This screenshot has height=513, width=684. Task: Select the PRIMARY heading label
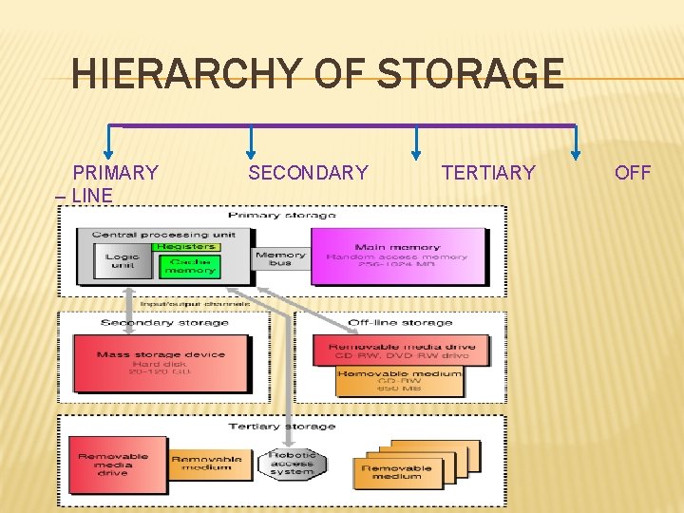pyautogui.click(x=115, y=173)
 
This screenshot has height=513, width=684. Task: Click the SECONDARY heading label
pyautogui.click(x=308, y=173)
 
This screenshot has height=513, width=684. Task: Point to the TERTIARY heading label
pyautogui.click(x=488, y=173)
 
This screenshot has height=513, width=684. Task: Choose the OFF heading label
pyautogui.click(x=633, y=173)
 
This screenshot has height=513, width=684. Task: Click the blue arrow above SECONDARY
pyautogui.click(x=250, y=142)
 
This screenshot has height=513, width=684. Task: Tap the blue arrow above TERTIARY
pyautogui.click(x=416, y=142)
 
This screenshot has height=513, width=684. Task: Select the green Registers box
pyautogui.click(x=186, y=246)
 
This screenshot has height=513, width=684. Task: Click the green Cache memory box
pyautogui.click(x=190, y=265)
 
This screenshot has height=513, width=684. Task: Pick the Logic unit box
pyautogui.click(x=123, y=261)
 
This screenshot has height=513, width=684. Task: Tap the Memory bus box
pyautogui.click(x=281, y=258)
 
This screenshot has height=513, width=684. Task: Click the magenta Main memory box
pyautogui.click(x=396, y=256)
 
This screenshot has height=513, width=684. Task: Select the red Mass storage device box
pyautogui.click(x=161, y=362)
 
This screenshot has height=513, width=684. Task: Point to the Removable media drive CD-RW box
pyautogui.click(x=400, y=351)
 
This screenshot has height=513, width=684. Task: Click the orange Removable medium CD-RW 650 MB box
pyautogui.click(x=400, y=380)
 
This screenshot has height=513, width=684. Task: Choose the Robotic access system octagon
pyautogui.click(x=291, y=463)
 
